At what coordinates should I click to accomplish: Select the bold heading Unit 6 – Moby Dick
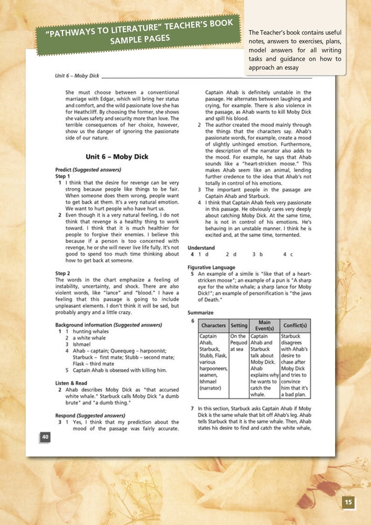[115, 157]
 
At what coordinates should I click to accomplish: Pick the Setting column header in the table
[239, 325]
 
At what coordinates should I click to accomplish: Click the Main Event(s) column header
[264, 325]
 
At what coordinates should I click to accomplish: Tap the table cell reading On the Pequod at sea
[239, 344]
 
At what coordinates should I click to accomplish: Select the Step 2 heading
[62, 272]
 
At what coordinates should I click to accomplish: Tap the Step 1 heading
[62, 176]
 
